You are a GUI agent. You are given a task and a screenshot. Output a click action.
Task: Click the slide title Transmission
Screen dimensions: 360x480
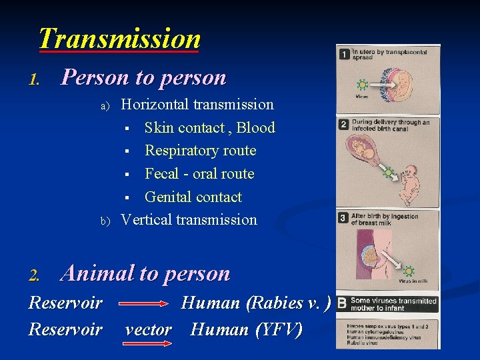(119, 39)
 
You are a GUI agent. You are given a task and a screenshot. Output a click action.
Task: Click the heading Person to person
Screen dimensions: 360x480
(143, 77)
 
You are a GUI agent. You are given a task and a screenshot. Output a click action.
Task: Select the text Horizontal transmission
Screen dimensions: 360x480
(197, 105)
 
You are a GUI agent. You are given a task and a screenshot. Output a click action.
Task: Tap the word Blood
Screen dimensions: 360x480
(256, 127)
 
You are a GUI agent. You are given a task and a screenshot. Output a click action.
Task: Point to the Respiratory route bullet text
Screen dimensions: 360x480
(200, 151)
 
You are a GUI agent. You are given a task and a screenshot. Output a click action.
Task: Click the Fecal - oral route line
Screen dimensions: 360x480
(199, 174)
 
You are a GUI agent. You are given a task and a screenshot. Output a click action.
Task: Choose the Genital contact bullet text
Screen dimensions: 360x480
(193, 197)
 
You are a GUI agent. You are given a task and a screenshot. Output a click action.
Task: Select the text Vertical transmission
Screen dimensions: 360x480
(189, 219)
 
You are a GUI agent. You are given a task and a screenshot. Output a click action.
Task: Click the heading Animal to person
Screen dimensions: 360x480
(145, 273)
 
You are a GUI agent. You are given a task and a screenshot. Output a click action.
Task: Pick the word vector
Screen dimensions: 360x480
(148, 330)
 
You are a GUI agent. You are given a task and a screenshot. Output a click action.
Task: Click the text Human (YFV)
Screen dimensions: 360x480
(246, 329)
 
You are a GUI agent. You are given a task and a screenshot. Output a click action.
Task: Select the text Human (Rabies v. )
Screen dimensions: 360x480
(256, 303)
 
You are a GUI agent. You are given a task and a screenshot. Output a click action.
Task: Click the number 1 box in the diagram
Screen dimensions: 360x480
(344, 54)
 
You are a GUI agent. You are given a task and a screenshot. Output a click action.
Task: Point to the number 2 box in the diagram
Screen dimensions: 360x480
(344, 125)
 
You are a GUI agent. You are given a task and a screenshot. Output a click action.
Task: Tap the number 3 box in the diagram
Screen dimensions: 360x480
(344, 218)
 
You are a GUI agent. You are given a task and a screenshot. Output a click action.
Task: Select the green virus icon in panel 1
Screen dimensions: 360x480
(362, 85)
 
